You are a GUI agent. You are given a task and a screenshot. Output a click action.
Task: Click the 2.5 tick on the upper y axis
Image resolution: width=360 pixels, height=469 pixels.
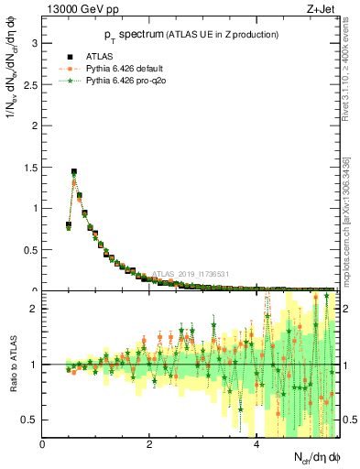tap(29, 84)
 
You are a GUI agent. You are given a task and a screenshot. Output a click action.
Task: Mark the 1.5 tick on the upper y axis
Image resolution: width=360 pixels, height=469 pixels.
tap(29, 167)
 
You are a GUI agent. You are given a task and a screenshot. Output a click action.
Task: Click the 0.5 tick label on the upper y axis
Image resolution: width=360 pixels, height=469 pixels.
tap(29, 249)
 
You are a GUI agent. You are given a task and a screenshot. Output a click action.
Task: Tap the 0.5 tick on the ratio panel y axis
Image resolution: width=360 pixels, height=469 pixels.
tap(29, 420)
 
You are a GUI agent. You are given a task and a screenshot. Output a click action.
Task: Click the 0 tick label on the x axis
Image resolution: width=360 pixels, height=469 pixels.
tap(42, 445)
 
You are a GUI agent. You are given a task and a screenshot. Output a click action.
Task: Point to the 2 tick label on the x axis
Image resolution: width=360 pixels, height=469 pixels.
tap(148, 445)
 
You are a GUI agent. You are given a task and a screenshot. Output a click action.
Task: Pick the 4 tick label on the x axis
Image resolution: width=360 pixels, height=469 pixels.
tap(256, 445)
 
